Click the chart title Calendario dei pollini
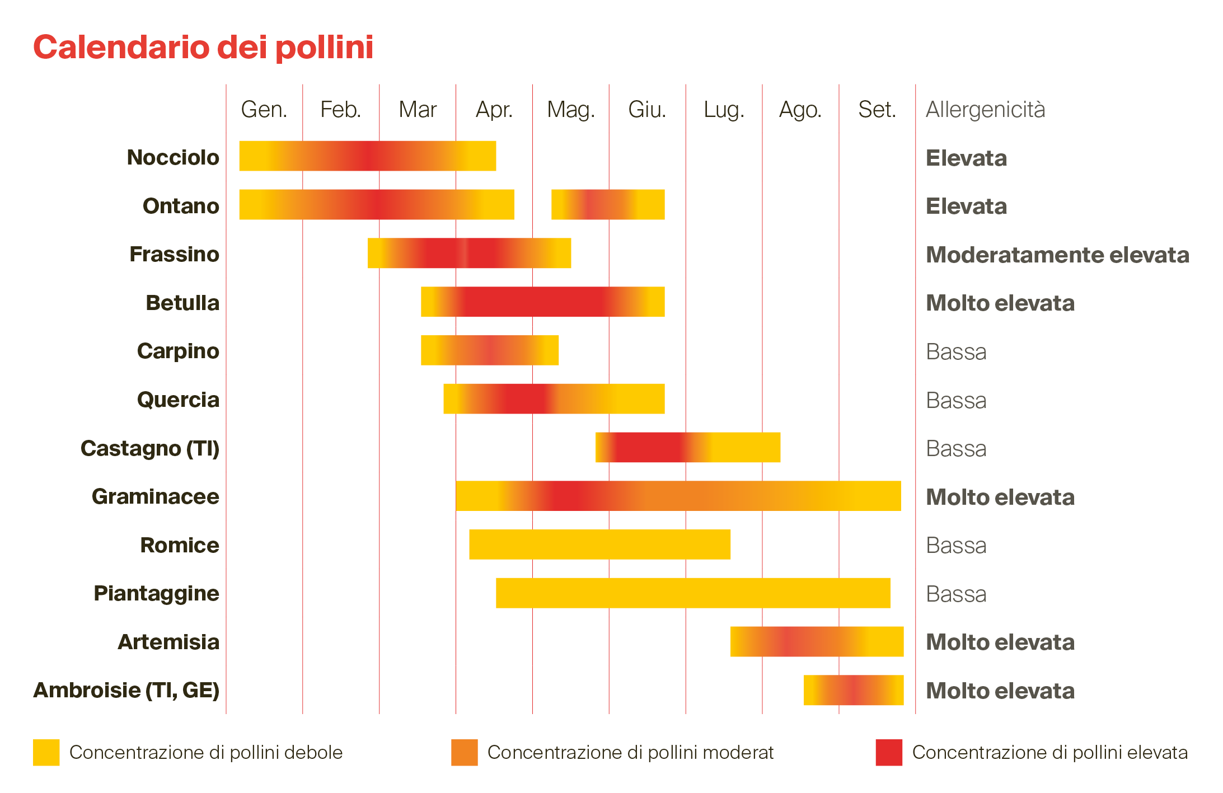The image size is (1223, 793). click(203, 47)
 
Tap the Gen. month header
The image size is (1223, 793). click(264, 110)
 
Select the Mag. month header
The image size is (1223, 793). click(570, 110)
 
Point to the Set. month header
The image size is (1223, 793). click(877, 110)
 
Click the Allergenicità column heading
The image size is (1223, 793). click(985, 110)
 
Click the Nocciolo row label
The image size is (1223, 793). click(173, 157)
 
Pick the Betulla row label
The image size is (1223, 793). click(182, 303)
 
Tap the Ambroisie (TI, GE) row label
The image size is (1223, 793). click(126, 690)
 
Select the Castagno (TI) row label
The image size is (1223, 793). click(150, 448)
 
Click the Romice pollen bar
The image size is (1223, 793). click(599, 544)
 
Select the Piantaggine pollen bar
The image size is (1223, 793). click(693, 593)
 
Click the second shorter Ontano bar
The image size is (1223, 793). click(608, 204)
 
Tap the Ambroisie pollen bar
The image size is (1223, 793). click(853, 689)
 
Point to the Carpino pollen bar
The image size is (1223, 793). click(489, 350)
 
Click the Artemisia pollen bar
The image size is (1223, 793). click(817, 641)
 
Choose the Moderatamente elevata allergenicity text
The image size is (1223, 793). click(1057, 255)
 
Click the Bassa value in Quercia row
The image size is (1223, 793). click(956, 400)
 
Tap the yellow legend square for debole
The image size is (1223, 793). click(46, 752)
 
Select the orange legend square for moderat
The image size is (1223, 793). click(464, 752)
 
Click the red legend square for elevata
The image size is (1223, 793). click(889, 752)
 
